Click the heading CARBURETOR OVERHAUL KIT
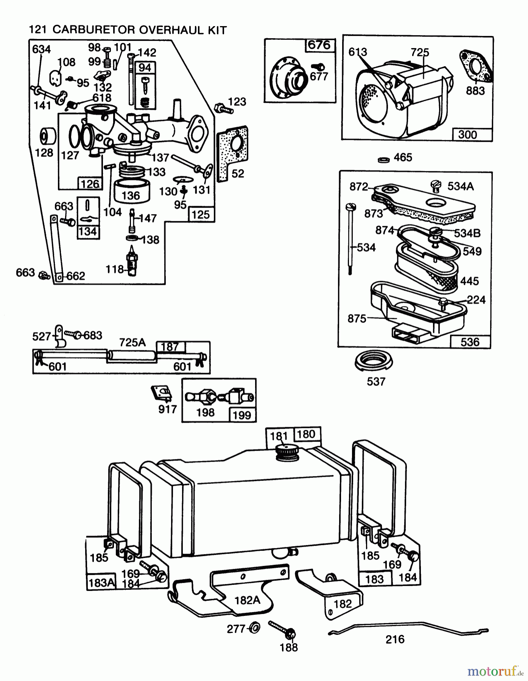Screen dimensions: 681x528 coord(139,30)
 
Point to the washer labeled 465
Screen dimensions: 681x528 coord(384,160)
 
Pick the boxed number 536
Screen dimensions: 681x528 coord(470,342)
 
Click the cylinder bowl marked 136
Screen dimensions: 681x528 coord(131,192)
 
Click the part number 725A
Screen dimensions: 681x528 coord(132,342)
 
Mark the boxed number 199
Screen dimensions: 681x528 coord(242,415)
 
